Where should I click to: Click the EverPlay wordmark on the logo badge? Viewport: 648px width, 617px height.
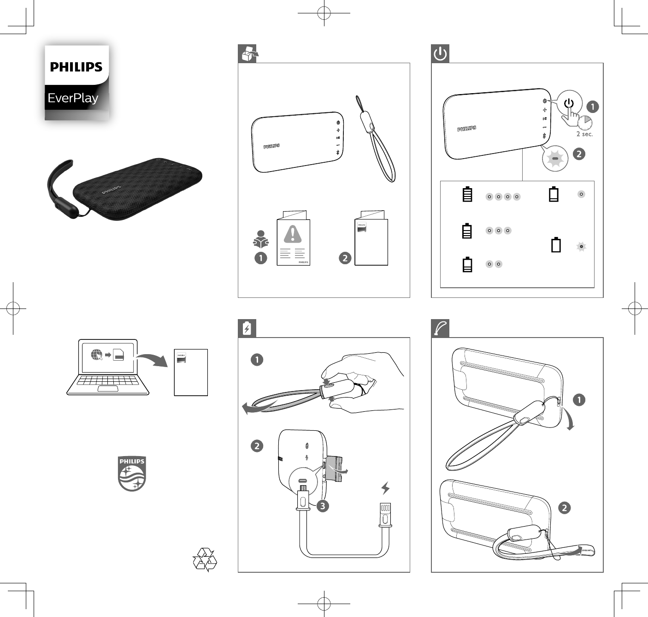[73, 98]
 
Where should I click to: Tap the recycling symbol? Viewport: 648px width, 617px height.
[204, 559]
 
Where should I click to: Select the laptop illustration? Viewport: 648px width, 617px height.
[108, 368]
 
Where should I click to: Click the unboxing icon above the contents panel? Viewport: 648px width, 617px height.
[247, 53]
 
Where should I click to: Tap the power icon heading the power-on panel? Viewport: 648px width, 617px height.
[440, 53]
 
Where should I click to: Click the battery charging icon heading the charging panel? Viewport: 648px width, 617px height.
[247, 328]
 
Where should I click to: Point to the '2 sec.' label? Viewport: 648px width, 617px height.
[584, 134]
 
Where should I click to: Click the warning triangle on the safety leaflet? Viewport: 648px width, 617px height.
[293, 234]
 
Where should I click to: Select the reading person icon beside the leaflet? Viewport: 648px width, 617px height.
[261, 239]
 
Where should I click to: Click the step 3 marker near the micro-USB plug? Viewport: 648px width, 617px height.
[323, 506]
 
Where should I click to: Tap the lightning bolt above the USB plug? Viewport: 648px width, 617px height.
[385, 487]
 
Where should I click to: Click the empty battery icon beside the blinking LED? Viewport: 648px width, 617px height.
[556, 245]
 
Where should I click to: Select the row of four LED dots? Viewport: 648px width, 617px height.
[503, 197]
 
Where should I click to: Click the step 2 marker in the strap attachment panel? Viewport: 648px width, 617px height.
[564, 508]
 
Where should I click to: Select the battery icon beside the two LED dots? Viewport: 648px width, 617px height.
[467, 265]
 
